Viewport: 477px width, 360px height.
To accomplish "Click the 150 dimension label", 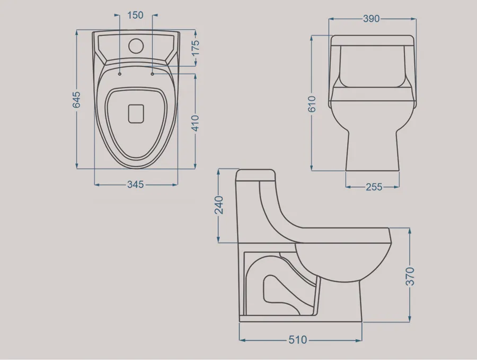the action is point(135,15).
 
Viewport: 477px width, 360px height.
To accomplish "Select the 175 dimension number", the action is point(195,48).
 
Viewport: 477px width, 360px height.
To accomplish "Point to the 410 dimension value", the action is point(195,123).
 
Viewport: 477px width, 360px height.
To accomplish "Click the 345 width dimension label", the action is point(135,185).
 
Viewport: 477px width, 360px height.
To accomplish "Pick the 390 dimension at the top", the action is point(372,19).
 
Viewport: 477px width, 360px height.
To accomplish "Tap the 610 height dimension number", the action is point(312,104).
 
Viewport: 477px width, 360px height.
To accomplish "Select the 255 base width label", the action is point(374,187).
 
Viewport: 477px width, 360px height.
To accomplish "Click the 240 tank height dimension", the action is point(219,205).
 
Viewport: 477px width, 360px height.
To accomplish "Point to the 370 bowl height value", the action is point(410,276).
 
